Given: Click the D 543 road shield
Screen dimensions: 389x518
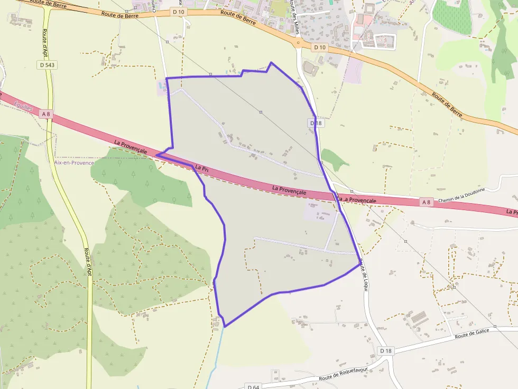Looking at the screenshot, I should click(47, 65).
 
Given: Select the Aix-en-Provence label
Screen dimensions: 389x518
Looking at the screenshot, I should click(73, 163).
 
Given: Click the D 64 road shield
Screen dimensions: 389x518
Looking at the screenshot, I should click(253, 387).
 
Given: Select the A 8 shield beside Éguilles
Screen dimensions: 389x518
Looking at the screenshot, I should click(47, 114).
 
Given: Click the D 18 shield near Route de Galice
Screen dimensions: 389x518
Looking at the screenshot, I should click(386, 350).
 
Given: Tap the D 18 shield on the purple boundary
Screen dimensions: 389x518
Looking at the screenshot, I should click(316, 123).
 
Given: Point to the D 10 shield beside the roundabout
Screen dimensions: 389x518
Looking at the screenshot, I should click(319, 48).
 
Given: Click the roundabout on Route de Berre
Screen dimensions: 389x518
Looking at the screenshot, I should click(298, 43).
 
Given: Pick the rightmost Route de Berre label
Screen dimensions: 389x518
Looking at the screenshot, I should click(447, 104).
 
